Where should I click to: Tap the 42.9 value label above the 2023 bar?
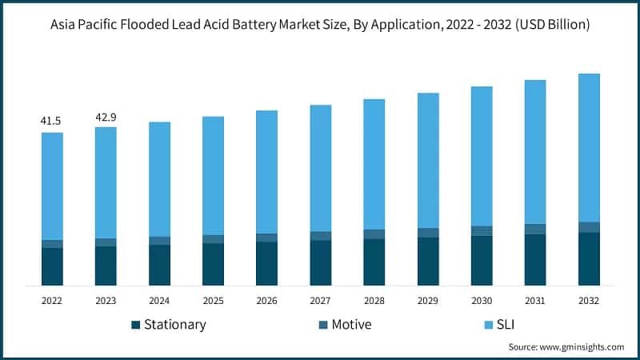(106, 117)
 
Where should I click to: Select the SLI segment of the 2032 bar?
(589, 147)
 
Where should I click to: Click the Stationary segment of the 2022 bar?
(52, 266)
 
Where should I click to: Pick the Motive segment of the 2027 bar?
(321, 236)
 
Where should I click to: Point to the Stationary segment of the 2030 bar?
(482, 261)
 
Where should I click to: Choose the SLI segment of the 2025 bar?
(213, 175)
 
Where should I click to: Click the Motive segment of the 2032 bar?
(589, 227)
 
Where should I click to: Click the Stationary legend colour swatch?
(135, 325)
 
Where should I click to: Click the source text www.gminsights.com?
(583, 347)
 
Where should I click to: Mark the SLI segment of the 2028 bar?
(374, 164)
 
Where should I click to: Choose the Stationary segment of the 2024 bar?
(159, 265)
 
